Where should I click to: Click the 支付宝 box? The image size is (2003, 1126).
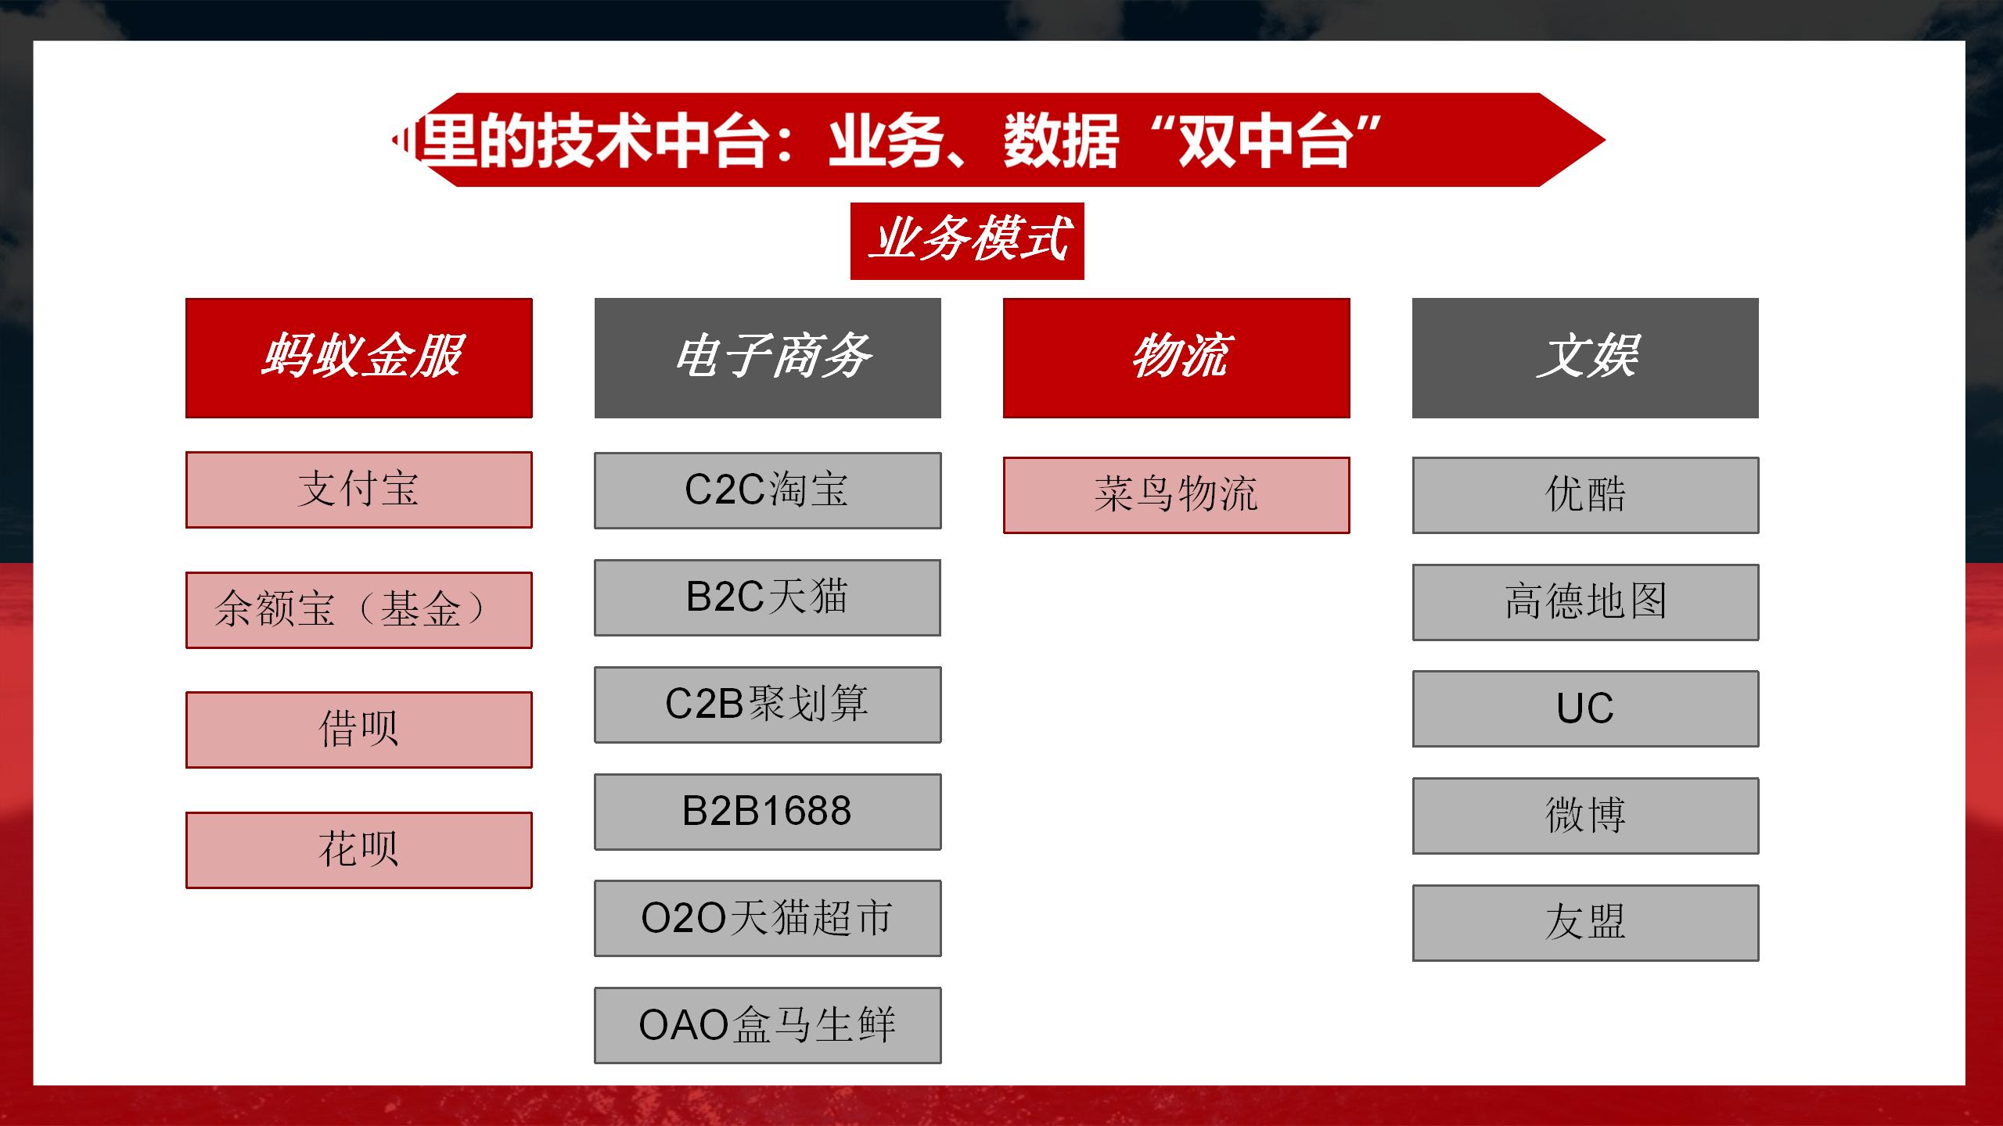(x=358, y=489)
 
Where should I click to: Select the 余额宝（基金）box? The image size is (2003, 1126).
(x=358, y=610)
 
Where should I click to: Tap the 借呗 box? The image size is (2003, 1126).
(x=358, y=730)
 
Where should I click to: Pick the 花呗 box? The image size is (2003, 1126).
(x=358, y=850)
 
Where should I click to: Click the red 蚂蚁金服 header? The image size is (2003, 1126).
(x=358, y=357)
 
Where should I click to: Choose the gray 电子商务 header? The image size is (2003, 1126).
(x=768, y=357)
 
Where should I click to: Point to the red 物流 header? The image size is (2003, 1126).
(x=1176, y=357)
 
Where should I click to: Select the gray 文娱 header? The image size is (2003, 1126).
(x=1585, y=357)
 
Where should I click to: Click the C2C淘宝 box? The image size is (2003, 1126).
(x=768, y=490)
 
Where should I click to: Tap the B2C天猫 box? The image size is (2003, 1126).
(x=768, y=597)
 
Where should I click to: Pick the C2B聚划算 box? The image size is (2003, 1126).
(x=768, y=705)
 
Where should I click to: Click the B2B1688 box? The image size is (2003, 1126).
(x=768, y=812)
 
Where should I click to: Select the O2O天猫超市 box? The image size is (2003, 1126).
(x=768, y=918)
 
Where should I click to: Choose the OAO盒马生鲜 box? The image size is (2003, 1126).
(x=768, y=1025)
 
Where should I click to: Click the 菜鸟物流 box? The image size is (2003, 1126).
(x=1176, y=495)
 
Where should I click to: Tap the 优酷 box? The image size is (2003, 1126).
(x=1585, y=495)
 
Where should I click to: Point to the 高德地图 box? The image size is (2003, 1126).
(x=1585, y=602)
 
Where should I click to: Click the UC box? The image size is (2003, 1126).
(x=1585, y=708)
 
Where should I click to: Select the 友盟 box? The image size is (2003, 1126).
(x=1585, y=923)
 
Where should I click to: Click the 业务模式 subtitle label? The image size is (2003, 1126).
(x=967, y=241)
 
